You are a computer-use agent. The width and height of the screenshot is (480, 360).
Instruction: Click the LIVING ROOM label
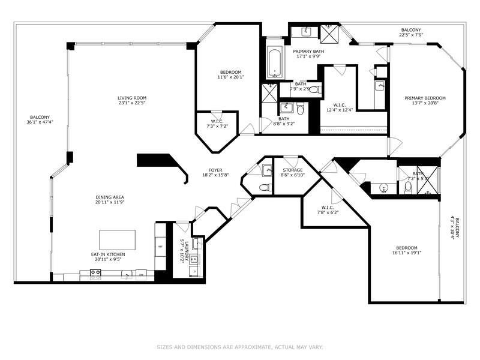coord(131,98)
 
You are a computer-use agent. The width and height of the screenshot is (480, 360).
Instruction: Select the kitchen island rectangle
coord(117,239)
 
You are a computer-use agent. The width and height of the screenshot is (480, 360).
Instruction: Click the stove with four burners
coord(95,274)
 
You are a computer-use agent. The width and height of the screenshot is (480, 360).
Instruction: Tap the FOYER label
coord(215,170)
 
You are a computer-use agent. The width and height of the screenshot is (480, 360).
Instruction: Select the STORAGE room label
coord(292,170)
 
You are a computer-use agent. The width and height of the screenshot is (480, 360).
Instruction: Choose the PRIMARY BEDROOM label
coord(425,98)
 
